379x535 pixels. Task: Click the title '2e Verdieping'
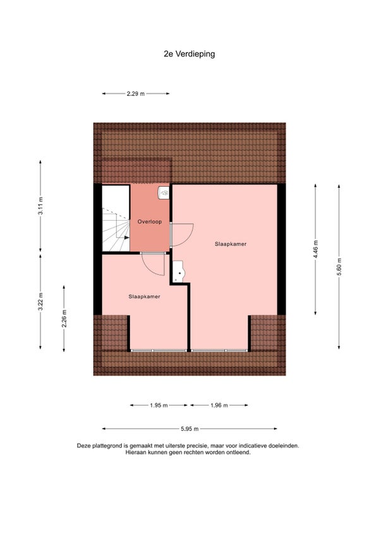point(189,54)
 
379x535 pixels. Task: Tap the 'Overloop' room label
point(150,222)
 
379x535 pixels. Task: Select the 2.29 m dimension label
point(136,93)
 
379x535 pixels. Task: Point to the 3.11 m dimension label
point(40,206)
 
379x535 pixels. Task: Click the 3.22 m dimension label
point(40,302)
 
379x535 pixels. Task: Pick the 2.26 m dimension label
point(64,319)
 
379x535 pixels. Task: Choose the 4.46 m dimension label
point(315,249)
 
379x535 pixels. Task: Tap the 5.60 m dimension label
point(339,267)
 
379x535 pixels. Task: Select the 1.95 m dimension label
point(159,405)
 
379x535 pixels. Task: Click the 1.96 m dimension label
point(219,405)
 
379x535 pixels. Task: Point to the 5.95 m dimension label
point(189,429)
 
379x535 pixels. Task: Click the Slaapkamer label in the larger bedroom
point(231,244)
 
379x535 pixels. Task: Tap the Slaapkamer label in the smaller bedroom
point(144,297)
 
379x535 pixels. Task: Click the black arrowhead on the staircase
point(127,237)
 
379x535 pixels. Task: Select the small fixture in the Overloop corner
point(164,193)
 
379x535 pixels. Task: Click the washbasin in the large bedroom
point(178,272)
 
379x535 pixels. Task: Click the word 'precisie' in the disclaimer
point(198,445)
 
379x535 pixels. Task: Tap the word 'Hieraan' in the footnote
point(135,452)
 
